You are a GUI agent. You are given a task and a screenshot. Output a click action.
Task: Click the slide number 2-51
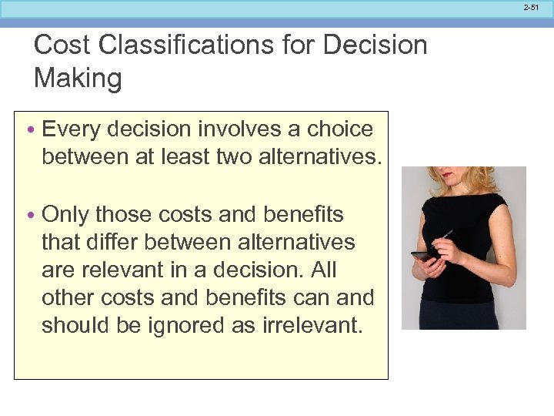531,7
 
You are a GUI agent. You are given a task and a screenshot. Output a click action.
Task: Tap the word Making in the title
78,78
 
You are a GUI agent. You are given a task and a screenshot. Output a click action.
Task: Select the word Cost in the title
62,45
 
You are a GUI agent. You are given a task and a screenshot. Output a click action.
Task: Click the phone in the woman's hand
423,255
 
